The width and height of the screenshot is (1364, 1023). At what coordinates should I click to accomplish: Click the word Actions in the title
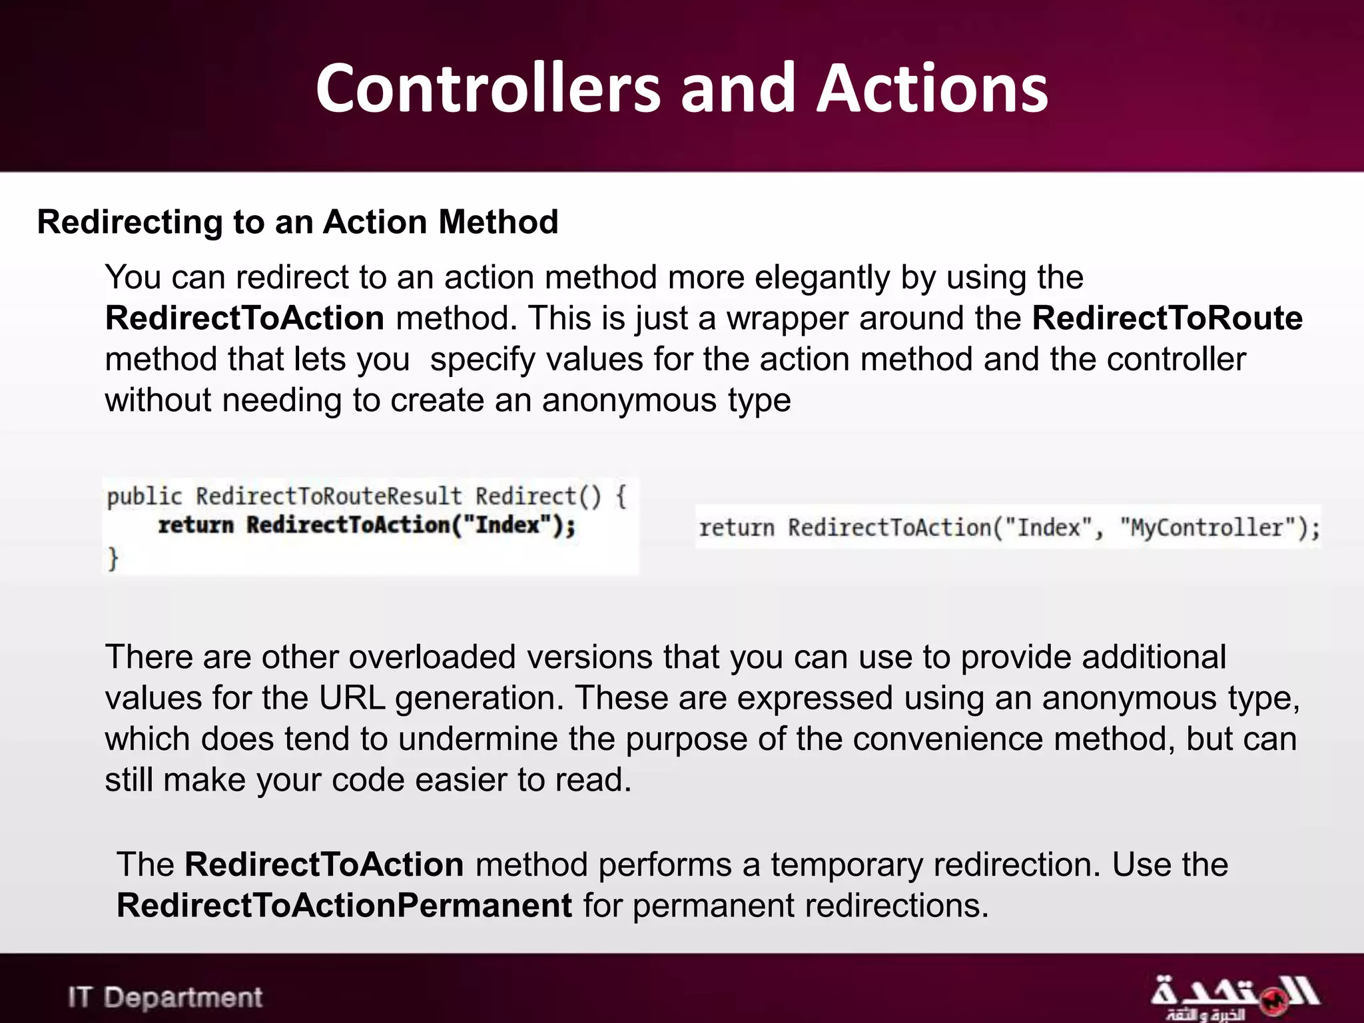click(932, 89)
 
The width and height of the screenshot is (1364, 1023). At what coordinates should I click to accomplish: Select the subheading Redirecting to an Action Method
click(298, 222)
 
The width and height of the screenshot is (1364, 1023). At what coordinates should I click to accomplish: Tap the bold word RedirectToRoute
click(1167, 318)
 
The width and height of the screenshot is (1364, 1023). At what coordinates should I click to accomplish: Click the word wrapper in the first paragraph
click(787, 318)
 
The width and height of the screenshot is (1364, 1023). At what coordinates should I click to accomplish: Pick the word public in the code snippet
click(144, 496)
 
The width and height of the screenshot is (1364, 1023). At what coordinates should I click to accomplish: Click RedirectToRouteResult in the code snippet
click(328, 496)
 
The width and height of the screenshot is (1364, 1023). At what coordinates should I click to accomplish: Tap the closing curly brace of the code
click(113, 558)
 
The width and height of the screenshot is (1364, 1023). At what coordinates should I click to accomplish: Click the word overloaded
click(432, 657)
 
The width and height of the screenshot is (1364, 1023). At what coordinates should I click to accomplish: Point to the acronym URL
click(352, 698)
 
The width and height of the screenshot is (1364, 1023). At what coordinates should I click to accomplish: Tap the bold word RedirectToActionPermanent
click(344, 906)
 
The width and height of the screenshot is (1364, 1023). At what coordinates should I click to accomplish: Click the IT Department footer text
click(165, 998)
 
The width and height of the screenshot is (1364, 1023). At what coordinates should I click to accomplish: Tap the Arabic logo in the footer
click(1233, 997)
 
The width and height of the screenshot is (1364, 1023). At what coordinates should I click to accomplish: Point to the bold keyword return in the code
click(196, 525)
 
